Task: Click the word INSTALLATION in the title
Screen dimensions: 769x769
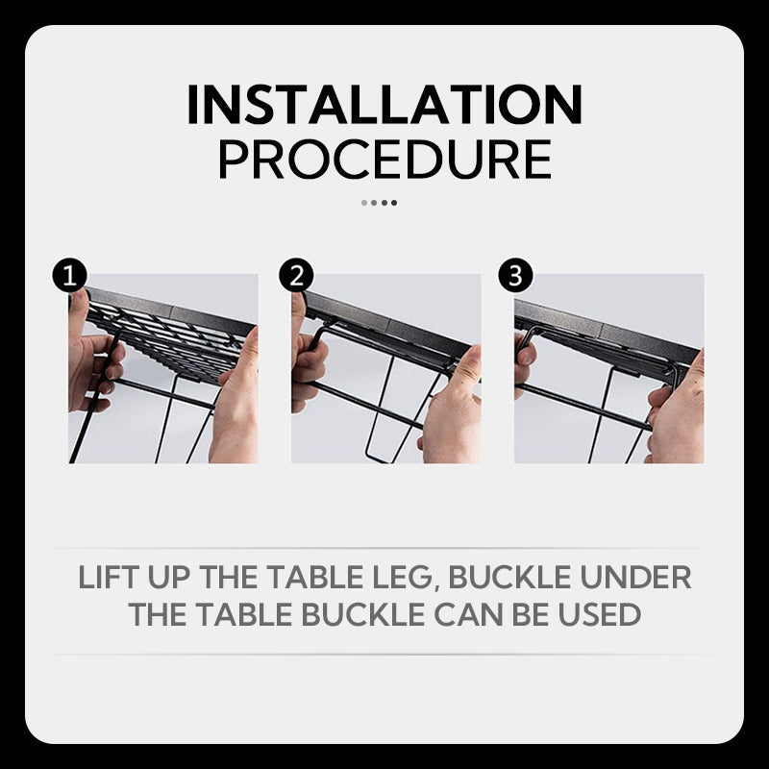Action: [384, 106]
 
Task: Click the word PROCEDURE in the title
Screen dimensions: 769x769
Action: [384, 160]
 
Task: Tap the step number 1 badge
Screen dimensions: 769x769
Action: [69, 277]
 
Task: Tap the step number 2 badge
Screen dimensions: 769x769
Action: [296, 277]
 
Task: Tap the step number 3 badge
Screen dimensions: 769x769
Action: [516, 277]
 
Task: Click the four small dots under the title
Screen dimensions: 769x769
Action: [379, 203]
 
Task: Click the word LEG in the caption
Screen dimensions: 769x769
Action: [403, 578]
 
